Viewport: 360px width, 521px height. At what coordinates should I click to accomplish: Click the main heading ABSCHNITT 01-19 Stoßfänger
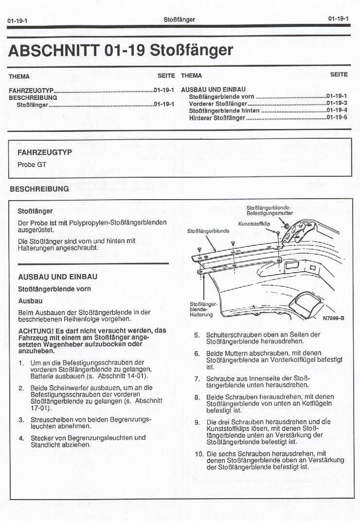121,50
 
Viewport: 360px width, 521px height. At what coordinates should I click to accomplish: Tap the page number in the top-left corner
17,21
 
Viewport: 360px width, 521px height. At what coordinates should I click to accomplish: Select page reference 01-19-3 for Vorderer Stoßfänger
336,103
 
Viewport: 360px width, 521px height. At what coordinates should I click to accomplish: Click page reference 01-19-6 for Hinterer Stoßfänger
336,118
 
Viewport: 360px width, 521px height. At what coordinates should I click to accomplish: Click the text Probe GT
32,165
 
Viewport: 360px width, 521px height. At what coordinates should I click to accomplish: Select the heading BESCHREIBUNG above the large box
39,189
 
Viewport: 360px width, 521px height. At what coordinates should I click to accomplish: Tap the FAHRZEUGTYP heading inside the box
44,152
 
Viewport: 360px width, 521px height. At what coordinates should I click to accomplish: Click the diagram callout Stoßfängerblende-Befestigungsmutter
269,210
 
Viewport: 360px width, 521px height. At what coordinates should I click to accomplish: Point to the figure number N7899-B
333,318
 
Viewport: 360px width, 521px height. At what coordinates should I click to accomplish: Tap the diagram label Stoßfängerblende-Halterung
201,309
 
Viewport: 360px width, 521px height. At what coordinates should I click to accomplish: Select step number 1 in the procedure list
21,363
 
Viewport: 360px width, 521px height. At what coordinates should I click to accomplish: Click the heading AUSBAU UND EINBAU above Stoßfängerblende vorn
57,277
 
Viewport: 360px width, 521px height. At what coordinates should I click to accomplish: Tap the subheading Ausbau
30,301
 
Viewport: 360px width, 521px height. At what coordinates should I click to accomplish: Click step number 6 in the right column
197,354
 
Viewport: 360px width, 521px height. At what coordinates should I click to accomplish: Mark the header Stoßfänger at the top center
180,19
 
